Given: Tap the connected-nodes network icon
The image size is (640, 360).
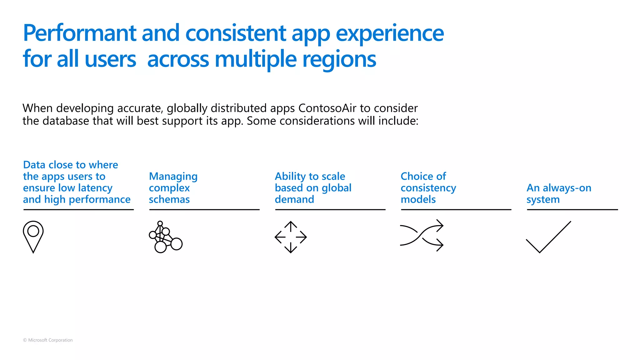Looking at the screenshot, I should pos(165,237).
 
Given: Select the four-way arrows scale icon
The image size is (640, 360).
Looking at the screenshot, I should pos(291,237).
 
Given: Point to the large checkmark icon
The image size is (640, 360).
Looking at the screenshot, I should pos(548,237).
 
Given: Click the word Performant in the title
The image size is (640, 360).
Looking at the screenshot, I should pos(80,33).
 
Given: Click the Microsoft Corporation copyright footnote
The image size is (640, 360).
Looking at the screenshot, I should pos(48,340).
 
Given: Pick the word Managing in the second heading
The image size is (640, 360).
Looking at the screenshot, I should pos(173,176).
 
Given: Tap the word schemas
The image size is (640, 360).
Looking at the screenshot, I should pos(169,199).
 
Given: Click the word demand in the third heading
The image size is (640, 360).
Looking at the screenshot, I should pos(294,199).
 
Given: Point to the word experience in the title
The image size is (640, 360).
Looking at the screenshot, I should pos(390,33).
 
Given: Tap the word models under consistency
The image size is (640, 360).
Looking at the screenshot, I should pos(418,199).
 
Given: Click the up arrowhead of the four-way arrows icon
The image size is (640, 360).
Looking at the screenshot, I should pos(291,223).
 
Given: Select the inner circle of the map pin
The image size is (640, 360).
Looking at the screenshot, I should pos(33,231).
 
